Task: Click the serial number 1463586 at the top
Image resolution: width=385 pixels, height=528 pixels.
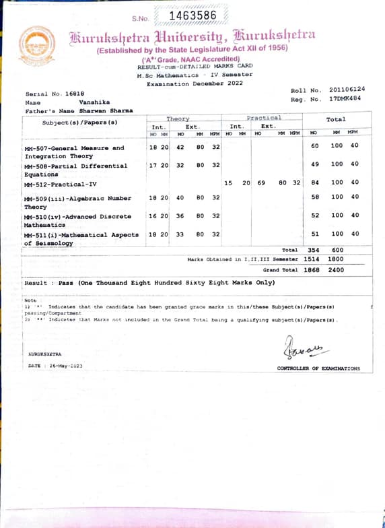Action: coord(193,15)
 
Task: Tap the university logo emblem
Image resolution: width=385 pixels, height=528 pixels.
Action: coord(37,45)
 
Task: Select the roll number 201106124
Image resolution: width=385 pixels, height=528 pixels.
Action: coord(347,90)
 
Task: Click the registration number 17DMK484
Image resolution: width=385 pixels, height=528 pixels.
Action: coord(345,98)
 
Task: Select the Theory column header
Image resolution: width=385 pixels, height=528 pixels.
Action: coord(178,119)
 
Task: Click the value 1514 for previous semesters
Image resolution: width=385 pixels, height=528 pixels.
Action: coord(312,259)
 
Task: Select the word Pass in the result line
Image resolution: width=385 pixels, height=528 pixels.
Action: coord(65,283)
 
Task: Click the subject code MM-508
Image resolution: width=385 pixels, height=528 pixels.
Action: coord(37,166)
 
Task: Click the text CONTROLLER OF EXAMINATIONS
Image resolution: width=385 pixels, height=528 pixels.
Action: coord(318,368)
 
